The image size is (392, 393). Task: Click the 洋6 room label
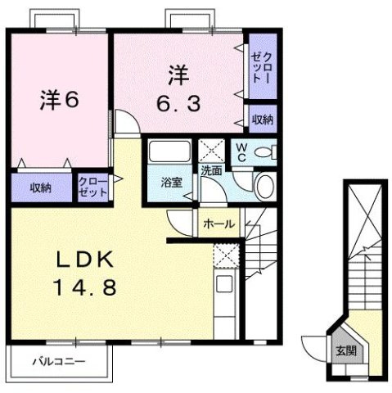point(58,102)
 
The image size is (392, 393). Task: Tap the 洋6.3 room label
point(179,91)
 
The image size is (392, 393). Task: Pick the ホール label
point(219,223)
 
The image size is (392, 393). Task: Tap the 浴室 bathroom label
point(171,182)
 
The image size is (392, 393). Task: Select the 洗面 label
point(213,171)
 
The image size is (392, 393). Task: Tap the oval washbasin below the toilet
point(265,185)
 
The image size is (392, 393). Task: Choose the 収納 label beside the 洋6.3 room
point(263,120)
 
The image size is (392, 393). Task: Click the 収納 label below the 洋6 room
point(41,187)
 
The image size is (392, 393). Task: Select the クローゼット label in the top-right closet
point(263,64)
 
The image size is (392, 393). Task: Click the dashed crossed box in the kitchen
point(224,256)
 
